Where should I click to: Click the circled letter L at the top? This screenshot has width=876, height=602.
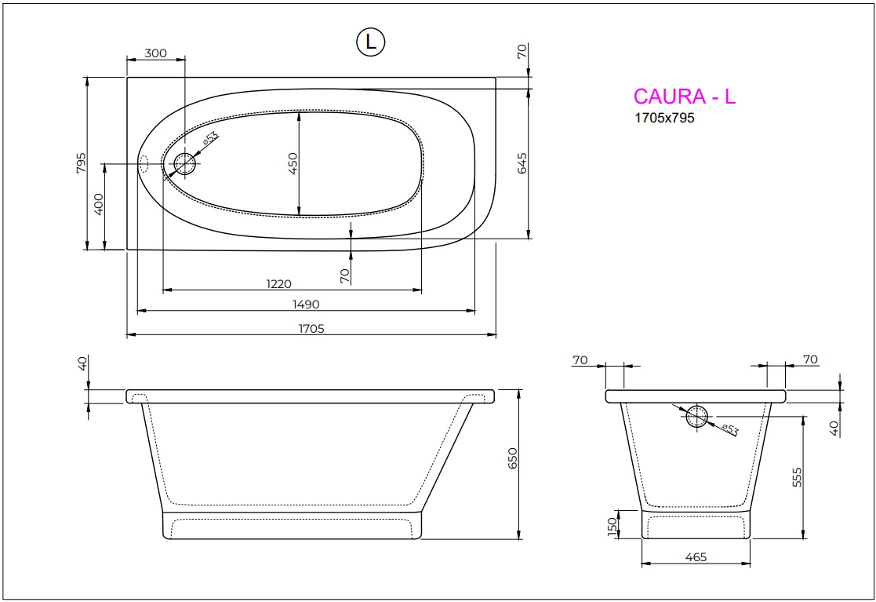pyautogui.click(x=371, y=42)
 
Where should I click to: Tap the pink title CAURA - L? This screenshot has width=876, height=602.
pyautogui.click(x=684, y=97)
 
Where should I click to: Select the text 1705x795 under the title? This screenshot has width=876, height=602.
pyautogui.click(x=663, y=119)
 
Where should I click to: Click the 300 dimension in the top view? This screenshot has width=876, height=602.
pyautogui.click(x=156, y=53)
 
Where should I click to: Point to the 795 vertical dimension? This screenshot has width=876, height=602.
pyautogui.click(x=80, y=163)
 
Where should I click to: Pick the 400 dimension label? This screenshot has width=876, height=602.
pyautogui.click(x=99, y=206)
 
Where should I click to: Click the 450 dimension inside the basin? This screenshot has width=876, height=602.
pyautogui.click(x=293, y=163)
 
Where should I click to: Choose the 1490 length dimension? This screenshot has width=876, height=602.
pyautogui.click(x=306, y=305)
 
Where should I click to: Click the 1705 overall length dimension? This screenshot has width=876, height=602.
pyautogui.click(x=311, y=329)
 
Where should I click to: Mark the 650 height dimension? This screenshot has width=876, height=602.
pyautogui.click(x=513, y=459)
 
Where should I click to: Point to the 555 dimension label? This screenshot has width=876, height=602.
pyautogui.click(x=797, y=476)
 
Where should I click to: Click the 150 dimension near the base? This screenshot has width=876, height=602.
pyautogui.click(x=612, y=525)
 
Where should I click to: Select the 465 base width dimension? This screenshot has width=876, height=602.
pyautogui.click(x=695, y=557)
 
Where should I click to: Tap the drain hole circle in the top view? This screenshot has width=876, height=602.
pyautogui.click(x=185, y=164)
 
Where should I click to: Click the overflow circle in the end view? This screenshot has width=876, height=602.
pyautogui.click(x=696, y=417)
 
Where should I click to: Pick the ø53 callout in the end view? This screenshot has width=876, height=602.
pyautogui.click(x=730, y=429)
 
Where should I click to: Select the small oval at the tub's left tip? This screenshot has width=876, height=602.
pyautogui.click(x=144, y=163)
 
